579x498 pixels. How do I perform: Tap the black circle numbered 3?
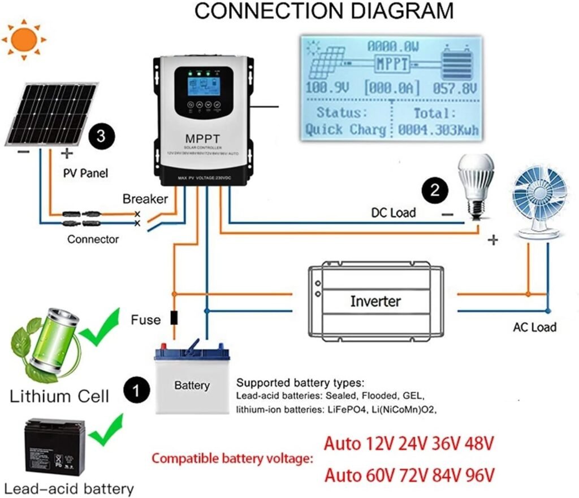101,137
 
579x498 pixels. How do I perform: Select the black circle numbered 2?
435,190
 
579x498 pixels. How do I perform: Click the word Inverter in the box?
375,301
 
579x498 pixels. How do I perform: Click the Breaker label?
145,199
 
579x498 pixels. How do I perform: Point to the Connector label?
93,239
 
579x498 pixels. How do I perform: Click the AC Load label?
534,327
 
